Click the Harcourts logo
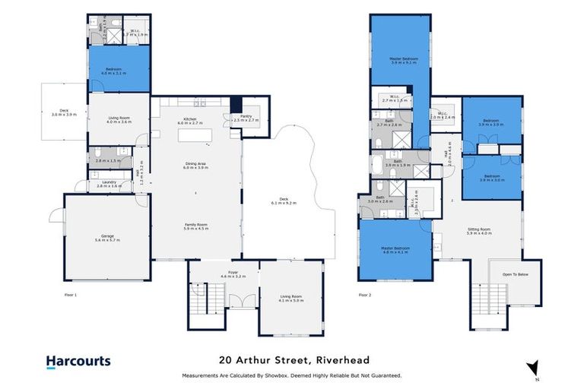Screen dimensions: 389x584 point(78,362)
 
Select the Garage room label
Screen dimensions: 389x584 point(107,237)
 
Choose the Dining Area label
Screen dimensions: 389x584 point(196,165)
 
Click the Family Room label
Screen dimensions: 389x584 point(196,226)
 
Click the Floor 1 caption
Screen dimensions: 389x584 point(70,293)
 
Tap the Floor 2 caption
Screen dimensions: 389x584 point(365,293)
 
